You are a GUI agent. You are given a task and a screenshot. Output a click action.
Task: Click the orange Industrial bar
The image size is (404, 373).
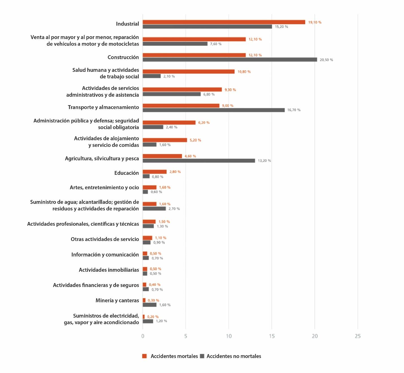click(224, 22)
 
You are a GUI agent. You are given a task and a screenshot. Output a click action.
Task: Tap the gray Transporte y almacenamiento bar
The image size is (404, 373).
click(213, 110)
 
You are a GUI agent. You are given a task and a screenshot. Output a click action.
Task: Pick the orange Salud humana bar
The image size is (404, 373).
click(188, 72)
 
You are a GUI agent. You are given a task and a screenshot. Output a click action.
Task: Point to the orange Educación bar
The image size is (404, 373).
click(154, 172)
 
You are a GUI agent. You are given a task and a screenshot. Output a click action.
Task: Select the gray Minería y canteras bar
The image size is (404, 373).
click(149, 305)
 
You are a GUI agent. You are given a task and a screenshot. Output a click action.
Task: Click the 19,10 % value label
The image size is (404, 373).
click(315, 22)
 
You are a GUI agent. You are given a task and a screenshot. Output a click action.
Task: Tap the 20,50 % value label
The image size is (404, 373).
click(326, 60)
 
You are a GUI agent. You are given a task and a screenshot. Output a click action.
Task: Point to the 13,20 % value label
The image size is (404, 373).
click(264, 161)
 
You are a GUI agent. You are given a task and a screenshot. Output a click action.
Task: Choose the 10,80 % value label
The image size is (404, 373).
click(244, 72)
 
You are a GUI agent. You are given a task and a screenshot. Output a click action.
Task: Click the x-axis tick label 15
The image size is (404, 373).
click(272, 336)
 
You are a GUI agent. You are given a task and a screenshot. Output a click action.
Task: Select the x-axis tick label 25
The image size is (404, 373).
click(358, 336)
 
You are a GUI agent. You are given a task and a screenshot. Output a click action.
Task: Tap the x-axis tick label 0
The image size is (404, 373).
click(143, 336)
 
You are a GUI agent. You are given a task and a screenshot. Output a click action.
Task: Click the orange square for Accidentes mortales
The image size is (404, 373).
click(144, 356)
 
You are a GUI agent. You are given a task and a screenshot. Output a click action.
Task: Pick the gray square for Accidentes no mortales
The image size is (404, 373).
click(202, 356)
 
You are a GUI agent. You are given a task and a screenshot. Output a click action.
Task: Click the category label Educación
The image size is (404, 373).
click(126, 173)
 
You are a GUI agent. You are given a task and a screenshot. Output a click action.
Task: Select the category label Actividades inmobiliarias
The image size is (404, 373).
click(109, 270)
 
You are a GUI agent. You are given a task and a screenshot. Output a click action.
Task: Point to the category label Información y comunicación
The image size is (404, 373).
click(105, 255)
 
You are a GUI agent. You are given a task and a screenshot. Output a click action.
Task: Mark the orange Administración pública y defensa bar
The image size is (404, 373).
click(169, 122)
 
